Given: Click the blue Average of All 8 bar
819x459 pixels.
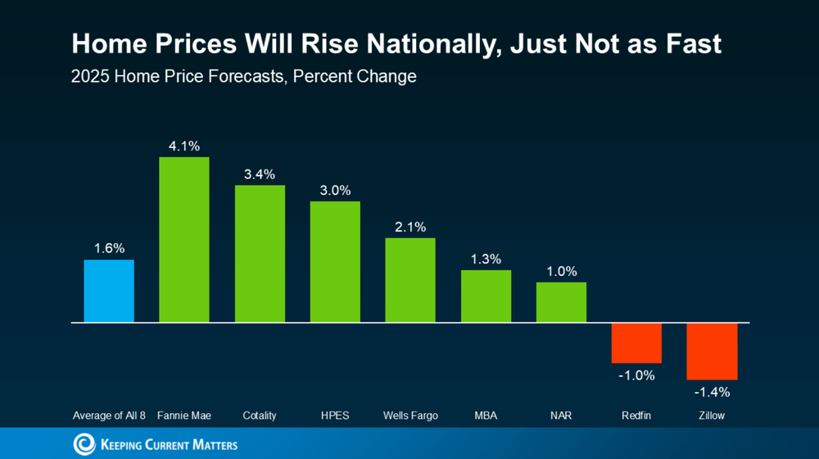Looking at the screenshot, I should coord(109,291).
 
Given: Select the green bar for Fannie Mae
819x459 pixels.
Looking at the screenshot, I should coord(183,240).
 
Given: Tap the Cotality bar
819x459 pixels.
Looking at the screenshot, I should coord(260,254).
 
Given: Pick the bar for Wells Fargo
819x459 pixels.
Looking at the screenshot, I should coord(410,281).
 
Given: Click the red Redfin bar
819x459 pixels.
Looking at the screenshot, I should coord(636,343).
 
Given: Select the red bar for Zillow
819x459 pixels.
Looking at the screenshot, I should coord(712,351).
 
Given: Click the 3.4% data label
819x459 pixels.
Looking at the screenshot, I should coord(260,175).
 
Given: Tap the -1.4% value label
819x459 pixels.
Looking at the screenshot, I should coord(712,392).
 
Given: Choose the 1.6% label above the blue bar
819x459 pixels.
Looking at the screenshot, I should coord(109,249).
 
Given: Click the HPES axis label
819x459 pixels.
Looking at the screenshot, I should coord(335,416).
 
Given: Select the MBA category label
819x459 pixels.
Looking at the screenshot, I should coord(486,416).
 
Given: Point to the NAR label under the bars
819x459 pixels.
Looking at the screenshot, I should coord(561,416).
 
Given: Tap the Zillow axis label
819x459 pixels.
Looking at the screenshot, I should coord(712,416).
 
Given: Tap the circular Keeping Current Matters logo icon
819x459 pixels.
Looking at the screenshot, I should coord(84,444).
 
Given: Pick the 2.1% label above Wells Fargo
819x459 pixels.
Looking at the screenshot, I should coord(410,227).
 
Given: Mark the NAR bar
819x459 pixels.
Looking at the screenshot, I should coord(561,302).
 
